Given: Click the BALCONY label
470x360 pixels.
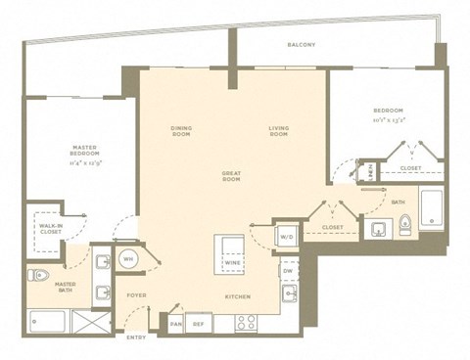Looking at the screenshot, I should point(301,46).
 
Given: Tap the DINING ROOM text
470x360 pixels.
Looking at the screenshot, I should point(181,130).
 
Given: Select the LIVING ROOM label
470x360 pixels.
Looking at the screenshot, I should point(279,130).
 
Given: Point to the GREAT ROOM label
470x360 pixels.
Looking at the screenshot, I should point(231,176).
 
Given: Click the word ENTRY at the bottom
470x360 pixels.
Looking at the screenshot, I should point(137,337).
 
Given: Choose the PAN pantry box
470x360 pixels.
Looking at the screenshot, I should point(175,323).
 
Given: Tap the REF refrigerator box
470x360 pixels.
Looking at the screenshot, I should point(199,323).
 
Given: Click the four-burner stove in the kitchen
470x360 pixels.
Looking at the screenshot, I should point(246,321).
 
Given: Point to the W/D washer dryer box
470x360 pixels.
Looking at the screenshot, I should point(287,235).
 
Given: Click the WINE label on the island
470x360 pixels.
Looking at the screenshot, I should point(232,263).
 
